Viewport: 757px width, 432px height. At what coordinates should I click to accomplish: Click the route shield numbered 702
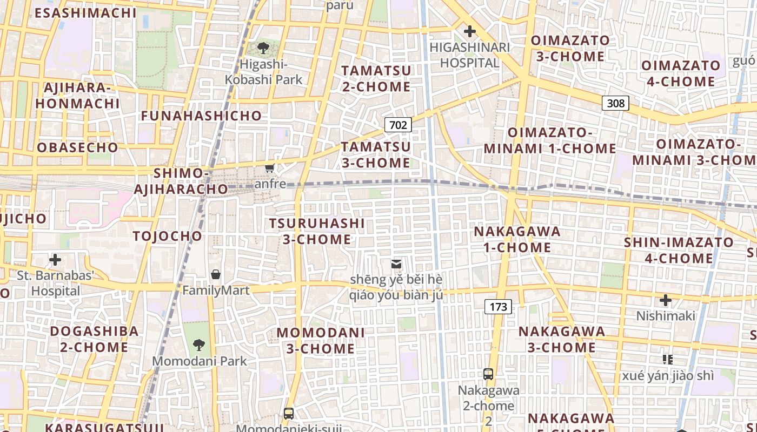pos(398,125)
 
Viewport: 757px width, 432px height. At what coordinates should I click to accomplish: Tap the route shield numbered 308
pos(615,103)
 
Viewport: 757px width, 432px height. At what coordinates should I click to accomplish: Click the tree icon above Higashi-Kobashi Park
pos(263,48)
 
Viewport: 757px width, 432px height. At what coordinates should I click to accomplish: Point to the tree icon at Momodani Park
pos(199,345)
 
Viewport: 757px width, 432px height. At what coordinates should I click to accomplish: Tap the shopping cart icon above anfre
pos(270,168)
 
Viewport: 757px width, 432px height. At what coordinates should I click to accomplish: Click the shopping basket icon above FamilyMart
pos(216,274)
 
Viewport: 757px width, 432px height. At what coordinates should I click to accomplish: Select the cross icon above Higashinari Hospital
pos(469,31)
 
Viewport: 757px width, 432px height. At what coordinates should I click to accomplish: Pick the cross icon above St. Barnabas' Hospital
pos(55,260)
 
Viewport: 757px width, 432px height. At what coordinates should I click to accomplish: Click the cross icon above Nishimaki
pos(665,300)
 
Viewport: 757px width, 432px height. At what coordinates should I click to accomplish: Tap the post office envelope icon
pos(396,264)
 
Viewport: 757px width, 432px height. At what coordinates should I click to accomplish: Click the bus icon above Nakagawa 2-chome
pos(488,374)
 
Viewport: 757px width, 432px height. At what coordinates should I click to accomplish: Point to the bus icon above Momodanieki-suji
pos(289,414)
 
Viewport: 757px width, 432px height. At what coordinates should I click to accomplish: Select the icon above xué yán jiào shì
pos(667,359)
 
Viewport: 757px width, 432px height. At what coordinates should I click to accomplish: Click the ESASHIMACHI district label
pos(85,13)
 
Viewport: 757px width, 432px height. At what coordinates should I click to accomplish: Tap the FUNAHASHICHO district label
pos(201,116)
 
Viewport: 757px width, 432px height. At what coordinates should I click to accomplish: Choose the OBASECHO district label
pos(77,147)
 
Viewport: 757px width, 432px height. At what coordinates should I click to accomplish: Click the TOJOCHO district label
pos(167,236)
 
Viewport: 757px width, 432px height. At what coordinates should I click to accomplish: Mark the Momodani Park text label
pos(199,361)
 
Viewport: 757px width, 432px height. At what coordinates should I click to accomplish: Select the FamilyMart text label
pos(216,291)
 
